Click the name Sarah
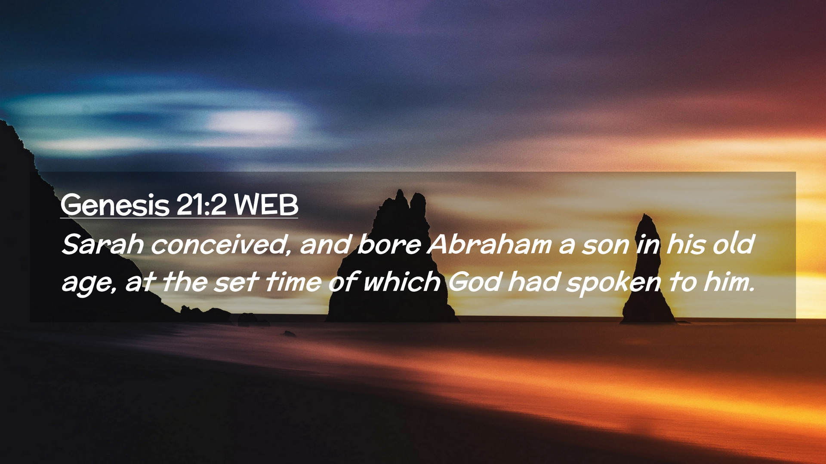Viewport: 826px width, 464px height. (x=103, y=244)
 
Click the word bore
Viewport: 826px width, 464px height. (x=389, y=244)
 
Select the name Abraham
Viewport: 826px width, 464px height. (x=490, y=244)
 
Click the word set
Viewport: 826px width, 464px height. (x=236, y=283)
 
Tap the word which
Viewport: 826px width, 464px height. (x=402, y=282)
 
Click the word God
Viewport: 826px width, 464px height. (x=475, y=282)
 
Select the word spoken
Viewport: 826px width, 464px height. (x=613, y=284)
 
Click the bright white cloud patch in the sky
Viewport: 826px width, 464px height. (x=250, y=122)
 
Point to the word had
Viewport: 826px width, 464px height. (x=534, y=282)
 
